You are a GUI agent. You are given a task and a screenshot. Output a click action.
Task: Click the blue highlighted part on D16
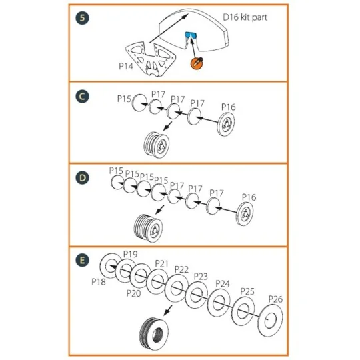pyautogui.click(x=191, y=37)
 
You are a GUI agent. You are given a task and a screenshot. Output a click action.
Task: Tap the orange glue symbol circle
pyautogui.click(x=197, y=63)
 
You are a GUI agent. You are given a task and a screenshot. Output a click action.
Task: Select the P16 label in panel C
pyautogui.click(x=228, y=107)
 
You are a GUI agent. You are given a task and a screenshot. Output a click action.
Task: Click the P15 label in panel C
pyautogui.click(x=124, y=98)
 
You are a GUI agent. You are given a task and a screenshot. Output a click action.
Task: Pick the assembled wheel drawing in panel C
pyautogui.click(x=157, y=143)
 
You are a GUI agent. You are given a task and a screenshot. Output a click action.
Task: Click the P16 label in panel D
pyautogui.click(x=249, y=197)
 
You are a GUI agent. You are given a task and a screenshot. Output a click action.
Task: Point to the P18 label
pyautogui.click(x=99, y=281)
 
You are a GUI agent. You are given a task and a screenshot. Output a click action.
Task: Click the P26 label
pyautogui.click(x=275, y=299)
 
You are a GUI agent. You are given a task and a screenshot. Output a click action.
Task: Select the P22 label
pyautogui.click(x=181, y=269)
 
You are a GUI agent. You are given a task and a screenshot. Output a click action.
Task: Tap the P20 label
pyautogui.click(x=134, y=293)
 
